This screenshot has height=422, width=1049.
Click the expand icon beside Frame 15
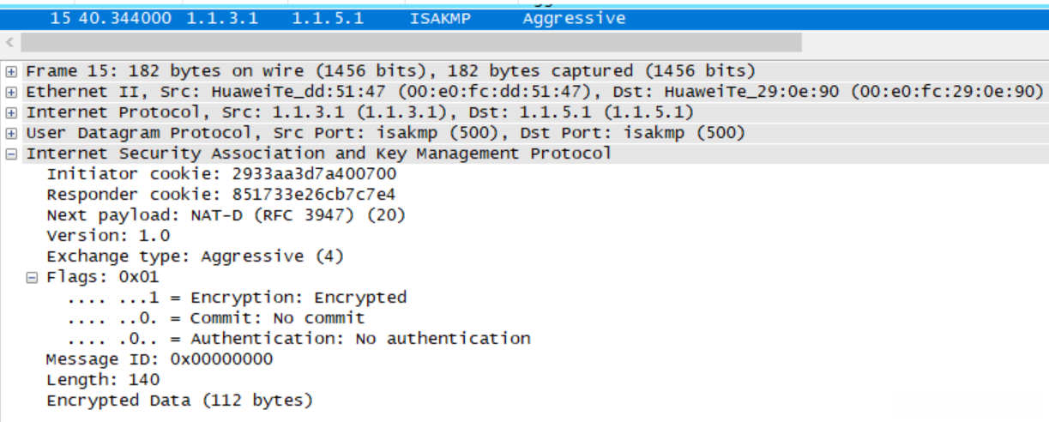[11, 71]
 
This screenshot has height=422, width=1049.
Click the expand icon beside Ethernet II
[11, 92]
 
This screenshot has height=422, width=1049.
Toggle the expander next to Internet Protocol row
[11, 112]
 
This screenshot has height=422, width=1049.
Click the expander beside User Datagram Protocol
[11, 133]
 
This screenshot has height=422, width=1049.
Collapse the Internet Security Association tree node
[11, 154]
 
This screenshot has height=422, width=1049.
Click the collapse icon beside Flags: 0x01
[32, 277]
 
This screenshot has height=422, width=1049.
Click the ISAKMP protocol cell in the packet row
[440, 18]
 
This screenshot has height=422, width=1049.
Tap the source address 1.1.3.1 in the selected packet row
[222, 18]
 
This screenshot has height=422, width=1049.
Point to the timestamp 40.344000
[125, 18]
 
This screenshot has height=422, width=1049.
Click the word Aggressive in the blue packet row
[574, 18]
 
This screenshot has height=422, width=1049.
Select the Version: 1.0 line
[108, 236]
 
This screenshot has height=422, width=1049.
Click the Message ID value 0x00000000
[222, 359]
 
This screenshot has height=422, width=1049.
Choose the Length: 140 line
[103, 380]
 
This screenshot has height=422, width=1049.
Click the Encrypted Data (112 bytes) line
[180, 401]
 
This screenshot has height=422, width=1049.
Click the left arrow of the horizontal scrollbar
[10, 42]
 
